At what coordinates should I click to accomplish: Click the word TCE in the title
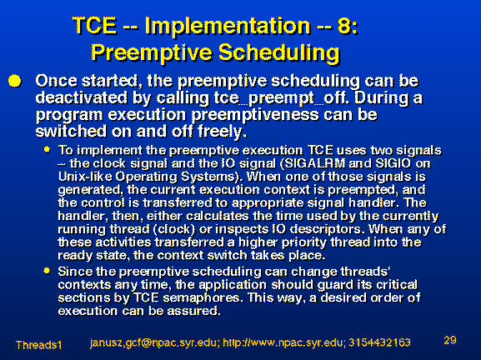94,25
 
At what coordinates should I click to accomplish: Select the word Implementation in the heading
228,25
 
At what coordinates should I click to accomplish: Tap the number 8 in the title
344,25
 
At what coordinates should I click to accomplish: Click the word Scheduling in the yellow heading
279,53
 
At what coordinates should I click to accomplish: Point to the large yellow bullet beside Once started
15,82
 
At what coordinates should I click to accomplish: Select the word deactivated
81,97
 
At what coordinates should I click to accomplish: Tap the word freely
222,132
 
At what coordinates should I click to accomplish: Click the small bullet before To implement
47,150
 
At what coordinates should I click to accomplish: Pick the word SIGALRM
315,163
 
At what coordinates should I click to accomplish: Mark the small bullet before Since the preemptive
47,271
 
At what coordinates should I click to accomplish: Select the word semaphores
201,298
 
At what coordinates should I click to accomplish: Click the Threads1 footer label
38,345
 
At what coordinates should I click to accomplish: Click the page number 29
449,340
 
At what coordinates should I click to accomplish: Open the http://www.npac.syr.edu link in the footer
283,342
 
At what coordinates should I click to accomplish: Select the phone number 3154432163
379,342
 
